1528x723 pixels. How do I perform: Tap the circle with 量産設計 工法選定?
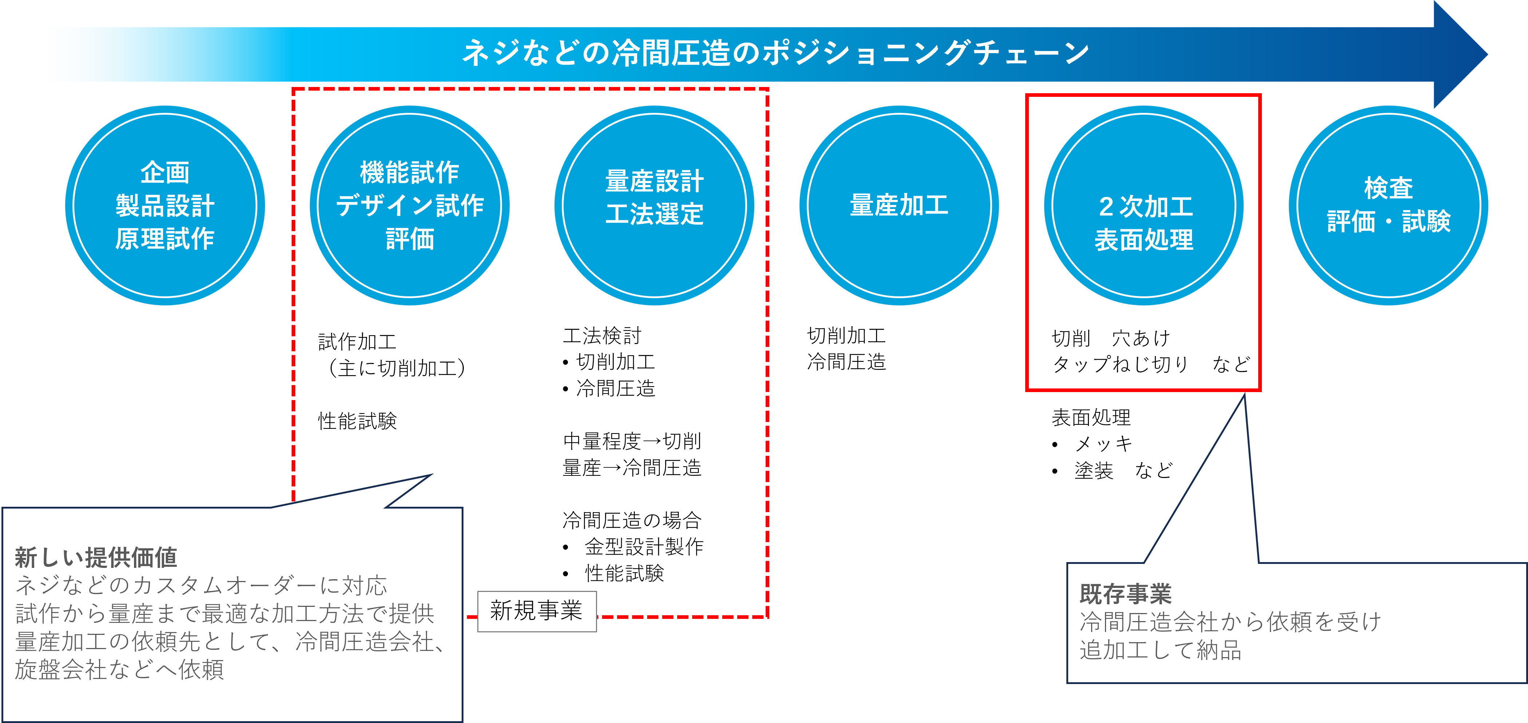(654, 205)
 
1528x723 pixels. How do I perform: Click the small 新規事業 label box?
(536, 611)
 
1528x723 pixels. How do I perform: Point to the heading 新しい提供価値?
(96, 557)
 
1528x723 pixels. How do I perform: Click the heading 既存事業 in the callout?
(1125, 594)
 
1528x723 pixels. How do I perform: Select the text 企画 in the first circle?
(165, 173)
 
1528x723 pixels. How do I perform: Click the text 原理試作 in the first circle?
(165, 239)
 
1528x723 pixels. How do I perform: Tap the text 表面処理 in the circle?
(1144, 240)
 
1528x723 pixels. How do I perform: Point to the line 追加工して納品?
(1160, 650)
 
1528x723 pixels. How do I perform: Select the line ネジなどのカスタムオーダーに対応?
(201, 585)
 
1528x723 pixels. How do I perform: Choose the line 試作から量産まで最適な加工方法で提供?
(225, 614)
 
